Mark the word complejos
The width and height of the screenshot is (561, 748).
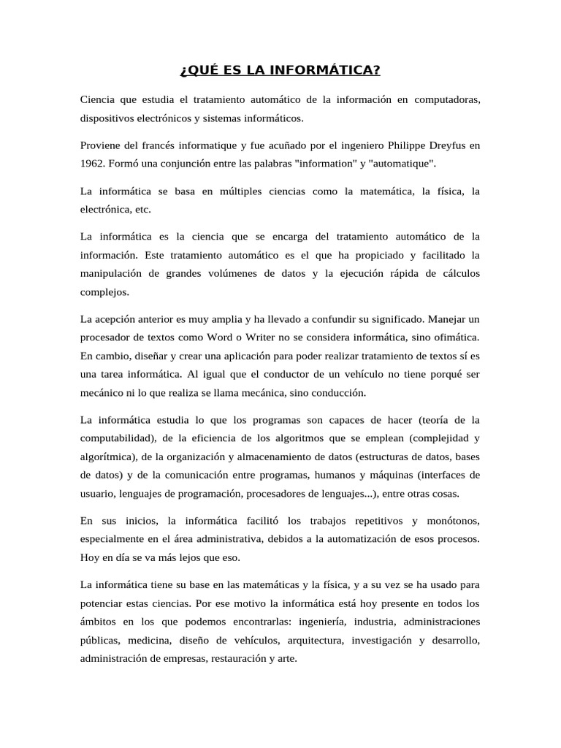tap(104, 291)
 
